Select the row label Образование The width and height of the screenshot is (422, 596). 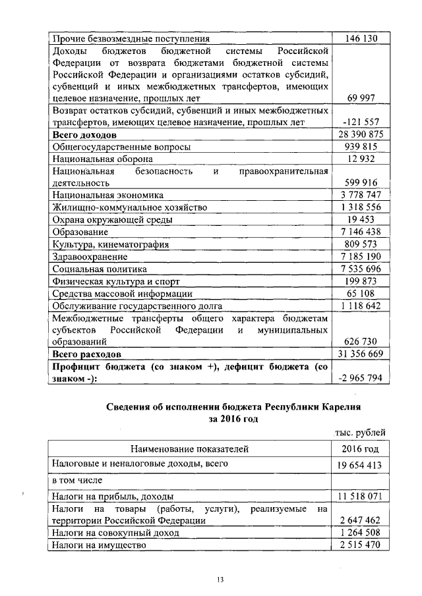[80, 232]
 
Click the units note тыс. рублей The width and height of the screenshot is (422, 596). [358, 432]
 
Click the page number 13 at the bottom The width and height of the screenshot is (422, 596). [221, 580]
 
